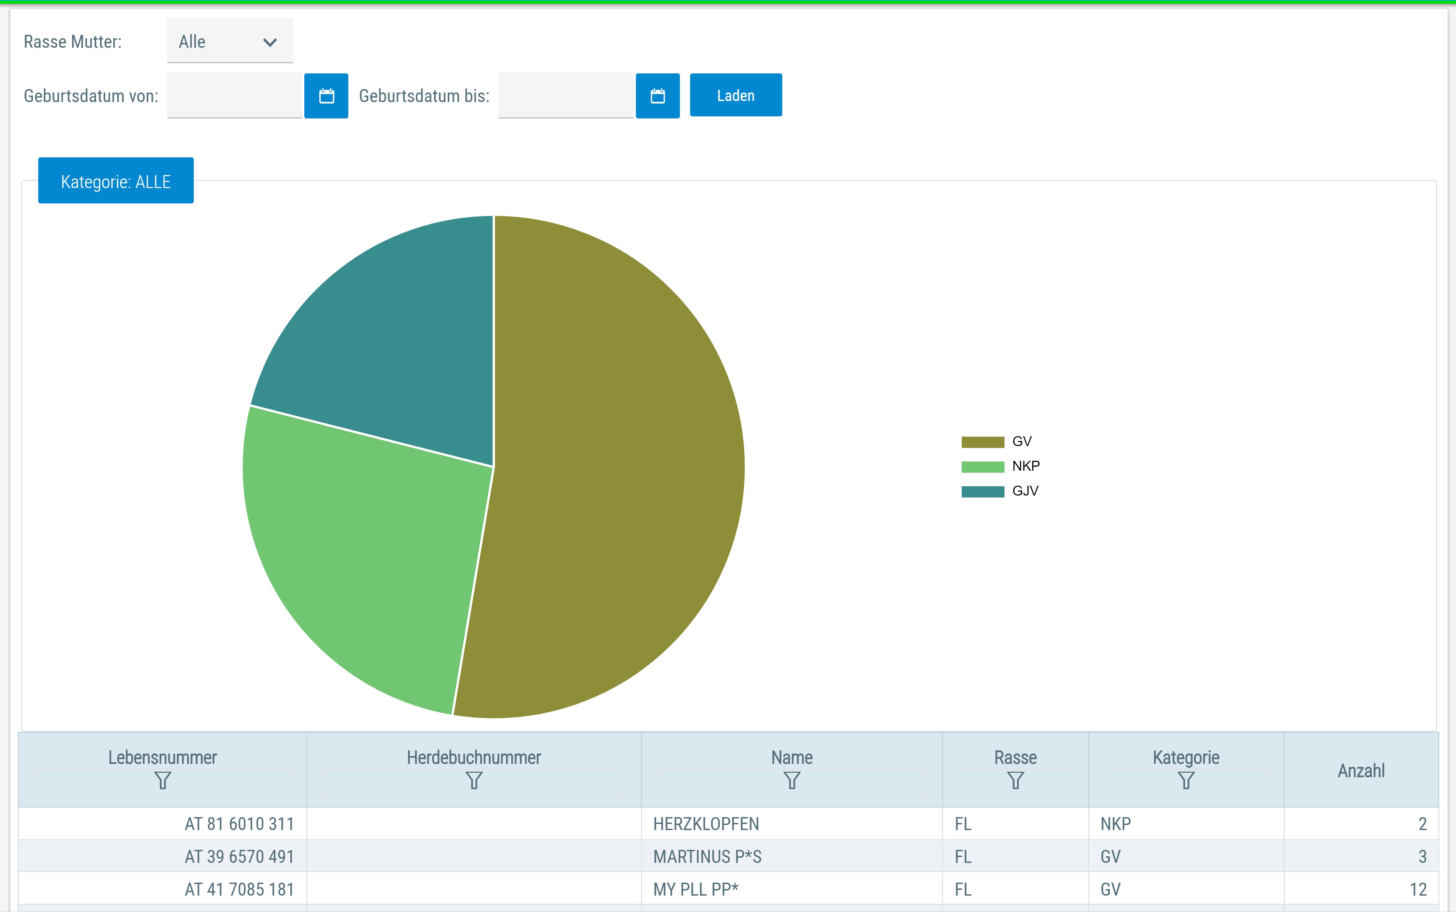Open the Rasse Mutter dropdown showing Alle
(230, 41)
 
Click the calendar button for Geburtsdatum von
(326, 96)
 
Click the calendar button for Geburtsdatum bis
(658, 96)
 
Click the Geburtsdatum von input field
(234, 96)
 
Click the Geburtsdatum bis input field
(566, 96)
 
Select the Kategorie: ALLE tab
(116, 181)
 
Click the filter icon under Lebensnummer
(163, 781)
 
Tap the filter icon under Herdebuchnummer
(474, 781)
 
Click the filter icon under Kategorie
(1186, 781)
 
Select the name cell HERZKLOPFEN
(706, 824)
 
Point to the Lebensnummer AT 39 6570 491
(239, 856)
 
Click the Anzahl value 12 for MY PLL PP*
(1418, 889)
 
